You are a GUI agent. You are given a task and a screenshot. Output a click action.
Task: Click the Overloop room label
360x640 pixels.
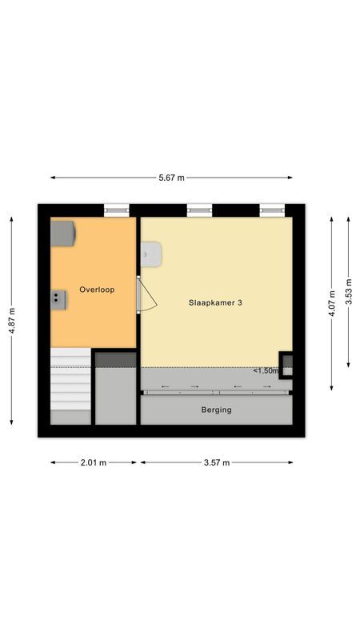pos(97,290)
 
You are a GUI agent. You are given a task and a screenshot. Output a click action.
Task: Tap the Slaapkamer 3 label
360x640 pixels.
pos(215,302)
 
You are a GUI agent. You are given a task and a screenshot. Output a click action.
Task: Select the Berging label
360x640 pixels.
pos(217,410)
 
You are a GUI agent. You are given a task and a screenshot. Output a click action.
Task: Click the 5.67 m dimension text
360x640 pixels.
pos(171,178)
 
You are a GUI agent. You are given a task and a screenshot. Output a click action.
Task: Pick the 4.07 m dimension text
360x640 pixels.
pos(332,302)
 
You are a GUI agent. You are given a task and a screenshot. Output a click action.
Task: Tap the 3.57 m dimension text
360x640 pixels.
pos(216,462)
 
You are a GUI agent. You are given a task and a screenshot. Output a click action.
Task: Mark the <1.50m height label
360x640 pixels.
pos(266,370)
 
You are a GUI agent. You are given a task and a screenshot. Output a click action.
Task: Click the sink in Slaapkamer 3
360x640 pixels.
pos(151,254)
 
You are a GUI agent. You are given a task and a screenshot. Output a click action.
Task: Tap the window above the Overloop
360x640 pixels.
pos(116,210)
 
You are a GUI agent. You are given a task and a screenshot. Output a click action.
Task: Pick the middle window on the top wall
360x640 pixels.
pos(199,210)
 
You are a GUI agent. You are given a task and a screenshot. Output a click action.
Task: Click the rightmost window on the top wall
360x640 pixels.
pos(272,210)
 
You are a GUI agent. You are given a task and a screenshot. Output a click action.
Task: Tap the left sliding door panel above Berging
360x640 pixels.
pos(180,390)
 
